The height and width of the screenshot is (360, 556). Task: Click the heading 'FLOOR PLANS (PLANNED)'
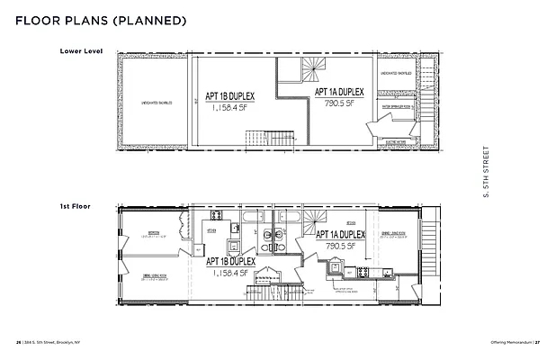[x=101, y=20]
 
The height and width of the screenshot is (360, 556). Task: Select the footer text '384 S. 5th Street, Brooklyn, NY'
[x=54, y=343]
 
